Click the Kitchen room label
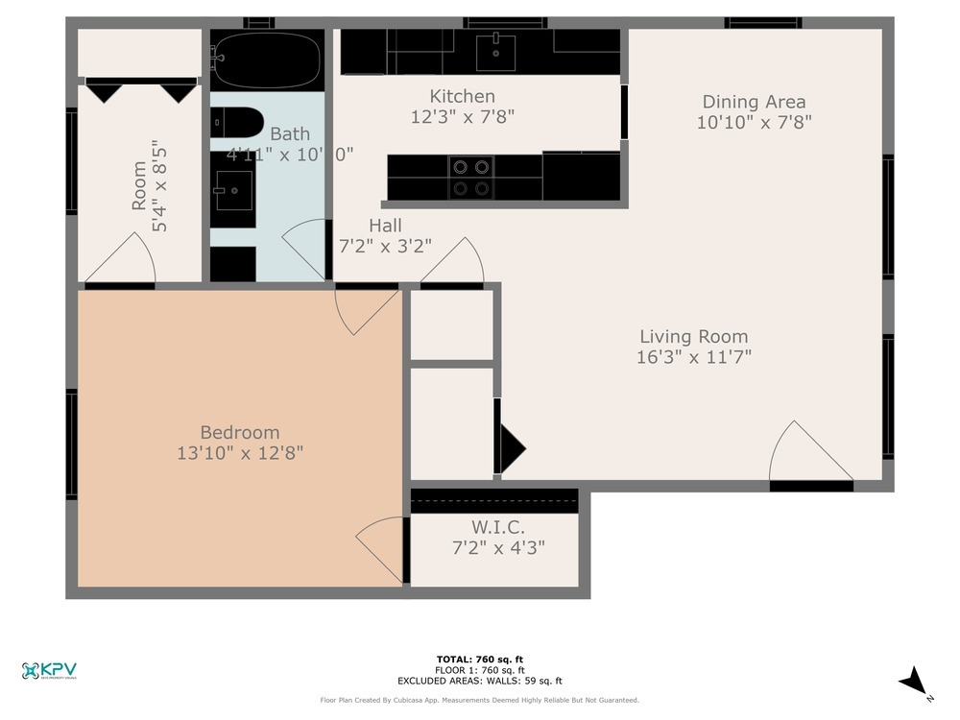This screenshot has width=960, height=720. click(462, 96)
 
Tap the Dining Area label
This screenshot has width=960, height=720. click(754, 102)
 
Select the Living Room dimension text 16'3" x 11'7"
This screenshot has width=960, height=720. click(694, 357)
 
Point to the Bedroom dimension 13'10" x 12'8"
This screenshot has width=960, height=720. click(240, 453)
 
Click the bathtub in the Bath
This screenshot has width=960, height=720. click(266, 60)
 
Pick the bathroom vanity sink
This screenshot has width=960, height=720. click(232, 191)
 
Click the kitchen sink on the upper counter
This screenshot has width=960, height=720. click(495, 48)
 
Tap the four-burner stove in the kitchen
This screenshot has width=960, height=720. click(470, 177)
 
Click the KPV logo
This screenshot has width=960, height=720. click(49, 671)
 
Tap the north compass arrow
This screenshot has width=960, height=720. click(915, 683)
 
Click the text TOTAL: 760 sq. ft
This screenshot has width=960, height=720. click(479, 659)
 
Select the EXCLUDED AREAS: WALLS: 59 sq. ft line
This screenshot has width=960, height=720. click(479, 680)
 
